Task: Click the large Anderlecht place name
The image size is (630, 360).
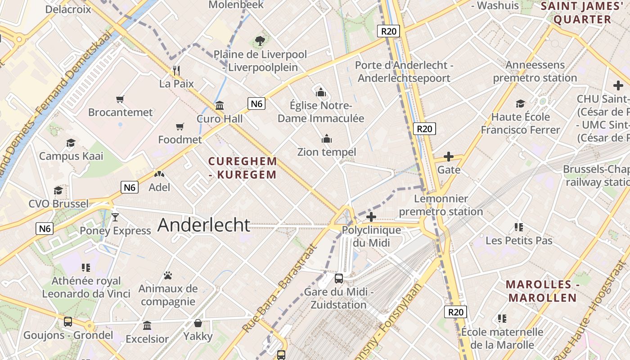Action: (x=203, y=225)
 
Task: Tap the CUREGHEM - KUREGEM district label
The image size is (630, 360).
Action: (x=243, y=168)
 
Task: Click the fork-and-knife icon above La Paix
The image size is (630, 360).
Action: (x=177, y=70)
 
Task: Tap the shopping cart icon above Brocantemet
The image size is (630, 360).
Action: (x=120, y=99)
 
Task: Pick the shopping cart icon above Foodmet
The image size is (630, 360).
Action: (x=180, y=126)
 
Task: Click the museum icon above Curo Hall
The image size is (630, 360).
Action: (x=220, y=106)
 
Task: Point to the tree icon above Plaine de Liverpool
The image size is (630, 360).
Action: (x=260, y=41)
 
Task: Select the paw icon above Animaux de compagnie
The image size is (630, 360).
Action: (x=168, y=275)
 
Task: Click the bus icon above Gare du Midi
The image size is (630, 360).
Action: (x=339, y=279)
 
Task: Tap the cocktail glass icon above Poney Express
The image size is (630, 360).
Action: (x=115, y=217)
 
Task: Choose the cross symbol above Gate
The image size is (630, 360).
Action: (x=449, y=157)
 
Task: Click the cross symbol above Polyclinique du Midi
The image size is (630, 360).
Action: (x=371, y=217)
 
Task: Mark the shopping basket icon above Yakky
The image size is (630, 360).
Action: (x=198, y=323)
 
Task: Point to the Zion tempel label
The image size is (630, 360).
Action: (x=327, y=152)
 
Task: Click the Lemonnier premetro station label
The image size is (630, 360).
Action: (x=441, y=205)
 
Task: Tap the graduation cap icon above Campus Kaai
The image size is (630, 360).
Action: (x=71, y=143)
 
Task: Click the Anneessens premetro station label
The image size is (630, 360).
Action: (x=535, y=71)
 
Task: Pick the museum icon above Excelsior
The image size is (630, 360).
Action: (x=147, y=325)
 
